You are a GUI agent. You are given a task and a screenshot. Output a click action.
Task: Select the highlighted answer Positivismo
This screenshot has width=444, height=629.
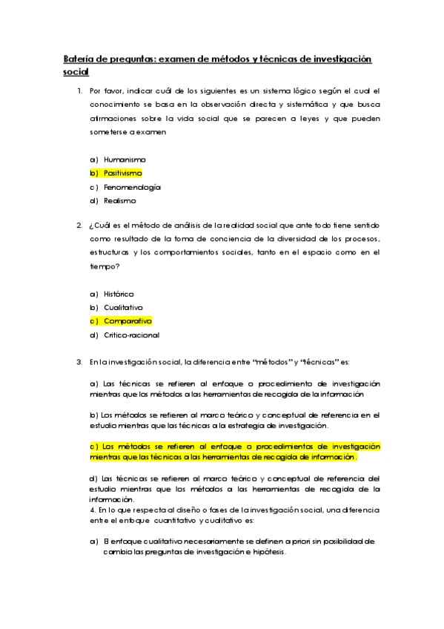coord(122,173)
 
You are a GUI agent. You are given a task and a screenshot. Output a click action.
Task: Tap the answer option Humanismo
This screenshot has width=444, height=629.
coord(125,159)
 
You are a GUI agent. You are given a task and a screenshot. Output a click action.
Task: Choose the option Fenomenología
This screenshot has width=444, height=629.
coord(132,187)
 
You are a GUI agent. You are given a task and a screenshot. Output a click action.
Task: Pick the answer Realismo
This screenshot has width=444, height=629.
coord(120,200)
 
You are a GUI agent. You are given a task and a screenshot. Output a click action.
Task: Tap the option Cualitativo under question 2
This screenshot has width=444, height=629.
coord(123,307)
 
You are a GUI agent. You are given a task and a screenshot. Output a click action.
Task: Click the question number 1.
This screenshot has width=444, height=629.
coord(79,91)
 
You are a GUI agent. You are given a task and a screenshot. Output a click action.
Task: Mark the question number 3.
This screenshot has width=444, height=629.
coord(79,362)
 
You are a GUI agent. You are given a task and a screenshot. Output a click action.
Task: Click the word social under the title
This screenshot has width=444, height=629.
coord(76,72)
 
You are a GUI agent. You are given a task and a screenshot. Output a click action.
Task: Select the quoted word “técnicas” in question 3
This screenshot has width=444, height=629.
coord(315,362)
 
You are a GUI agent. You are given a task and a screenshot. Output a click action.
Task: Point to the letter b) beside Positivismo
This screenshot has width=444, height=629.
coord(93,173)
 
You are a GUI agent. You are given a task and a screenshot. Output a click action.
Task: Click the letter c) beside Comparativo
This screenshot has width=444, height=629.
coord(94,321)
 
